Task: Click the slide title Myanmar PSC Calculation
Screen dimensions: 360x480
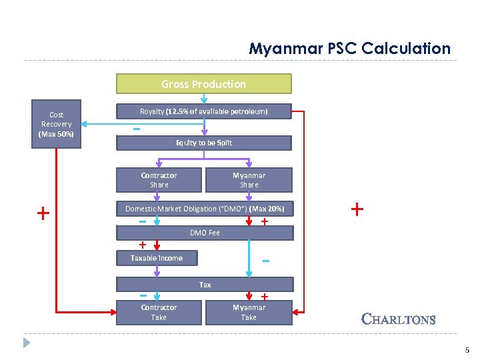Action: [349, 49]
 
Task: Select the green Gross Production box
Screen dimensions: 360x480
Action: [203, 84]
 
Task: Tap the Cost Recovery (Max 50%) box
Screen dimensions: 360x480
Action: [57, 124]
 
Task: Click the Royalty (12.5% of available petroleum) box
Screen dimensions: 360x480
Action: [203, 111]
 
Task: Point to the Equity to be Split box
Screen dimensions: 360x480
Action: [203, 143]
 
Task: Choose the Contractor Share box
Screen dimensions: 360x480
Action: [159, 180]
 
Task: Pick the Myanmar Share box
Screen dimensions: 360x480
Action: [249, 180]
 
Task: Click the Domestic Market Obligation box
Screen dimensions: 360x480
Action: [204, 209]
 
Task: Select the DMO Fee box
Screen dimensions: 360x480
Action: [204, 233]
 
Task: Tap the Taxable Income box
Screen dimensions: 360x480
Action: [157, 258]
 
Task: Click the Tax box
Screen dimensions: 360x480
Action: [204, 285]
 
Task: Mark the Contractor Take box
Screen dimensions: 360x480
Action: [159, 312]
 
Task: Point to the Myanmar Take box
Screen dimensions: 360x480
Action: [249, 312]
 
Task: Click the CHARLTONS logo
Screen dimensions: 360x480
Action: [398, 319]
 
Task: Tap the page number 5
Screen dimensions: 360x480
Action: [467, 350]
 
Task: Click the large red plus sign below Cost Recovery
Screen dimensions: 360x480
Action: [43, 213]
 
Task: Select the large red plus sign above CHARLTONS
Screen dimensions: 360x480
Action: [357, 209]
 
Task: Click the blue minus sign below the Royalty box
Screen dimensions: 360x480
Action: [136, 129]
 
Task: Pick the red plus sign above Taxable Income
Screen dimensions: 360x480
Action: [142, 244]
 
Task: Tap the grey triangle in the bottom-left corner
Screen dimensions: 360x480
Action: [26, 343]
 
